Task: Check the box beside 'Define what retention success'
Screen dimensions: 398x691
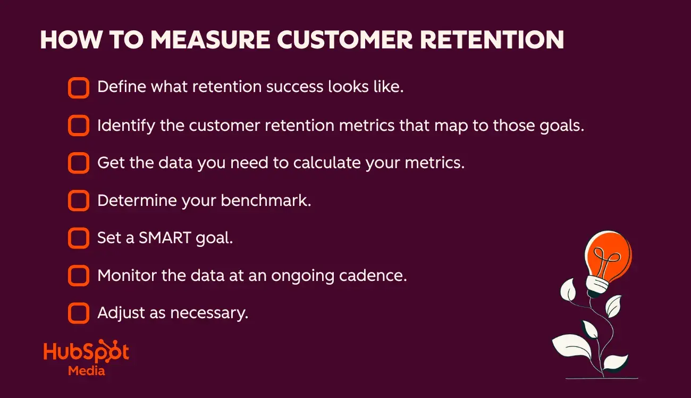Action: tap(79, 87)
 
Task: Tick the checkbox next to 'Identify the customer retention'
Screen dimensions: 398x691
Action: tap(79, 126)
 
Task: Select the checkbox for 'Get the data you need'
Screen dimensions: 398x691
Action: tap(79, 163)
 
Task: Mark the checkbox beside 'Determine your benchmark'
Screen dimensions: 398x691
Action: tap(79, 201)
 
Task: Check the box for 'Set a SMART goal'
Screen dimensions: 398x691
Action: tap(79, 238)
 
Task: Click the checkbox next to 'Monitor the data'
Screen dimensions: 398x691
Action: tap(79, 276)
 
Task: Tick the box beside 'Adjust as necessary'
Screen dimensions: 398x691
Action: tap(79, 313)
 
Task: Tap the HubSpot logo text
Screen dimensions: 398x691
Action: tap(86, 352)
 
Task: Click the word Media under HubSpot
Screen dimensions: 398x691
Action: tap(86, 370)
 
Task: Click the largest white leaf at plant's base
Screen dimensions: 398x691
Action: tap(572, 346)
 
